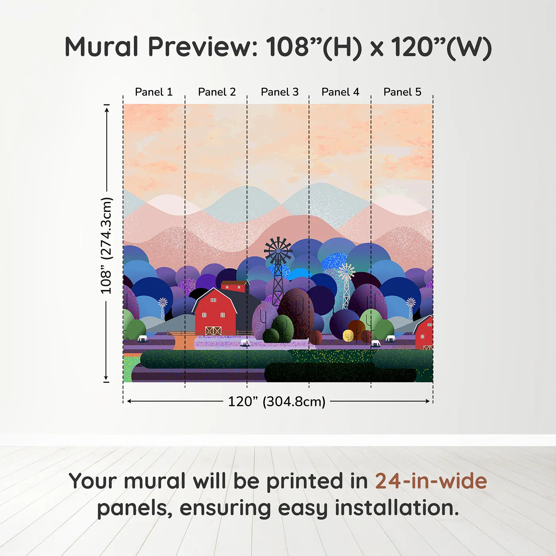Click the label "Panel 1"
154,92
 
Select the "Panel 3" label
280,92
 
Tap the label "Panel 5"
402,92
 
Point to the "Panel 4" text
340,92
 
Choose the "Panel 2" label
217,92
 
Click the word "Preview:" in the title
203,47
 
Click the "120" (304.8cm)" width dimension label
276,402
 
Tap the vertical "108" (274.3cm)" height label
106,245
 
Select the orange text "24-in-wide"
431,481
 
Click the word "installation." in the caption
397,508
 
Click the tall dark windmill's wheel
278,250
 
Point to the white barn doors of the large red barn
213,330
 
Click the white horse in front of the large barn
245,342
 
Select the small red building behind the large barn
234,286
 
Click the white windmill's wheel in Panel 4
346,272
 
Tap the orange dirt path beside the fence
184,342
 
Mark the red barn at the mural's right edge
425,332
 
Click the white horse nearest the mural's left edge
142,338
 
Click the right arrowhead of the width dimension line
428,401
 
